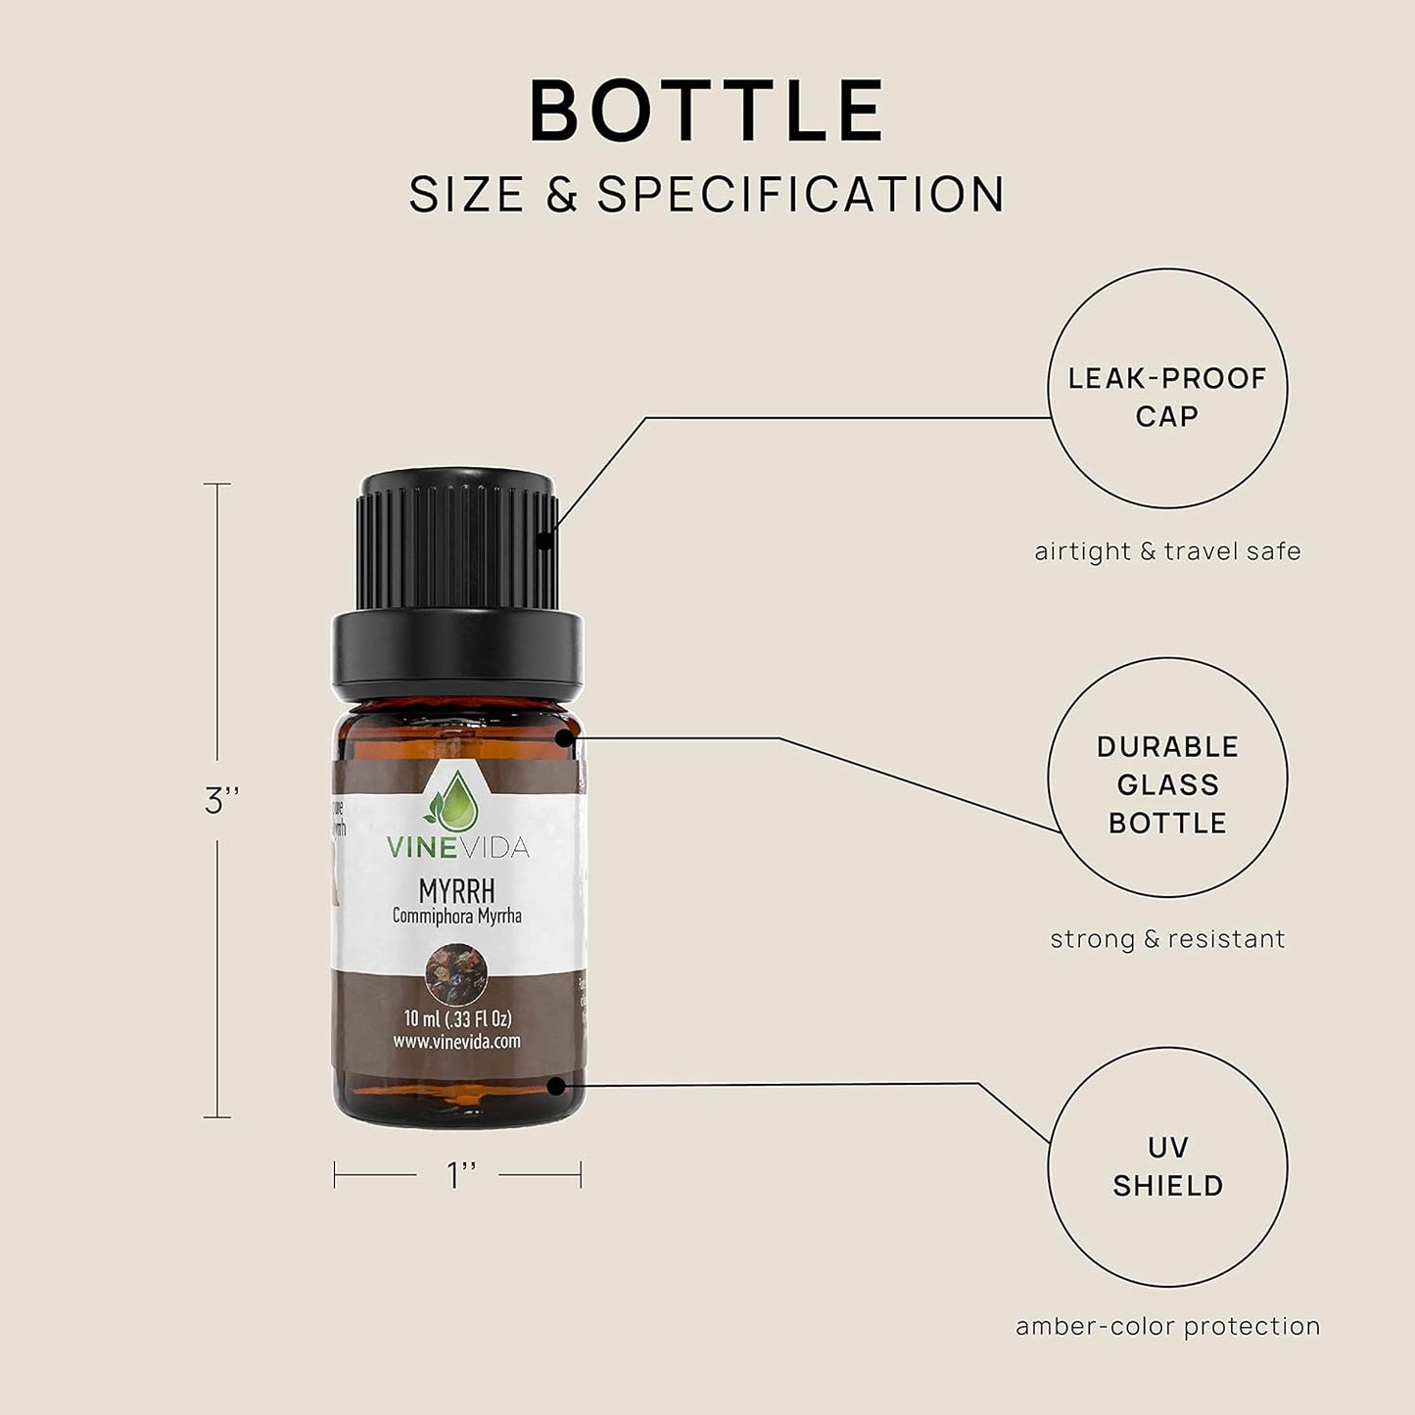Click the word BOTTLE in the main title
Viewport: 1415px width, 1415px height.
coord(707,112)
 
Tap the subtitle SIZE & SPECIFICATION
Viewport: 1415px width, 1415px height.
coord(707,194)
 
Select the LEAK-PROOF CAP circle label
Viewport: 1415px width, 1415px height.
coord(1167,397)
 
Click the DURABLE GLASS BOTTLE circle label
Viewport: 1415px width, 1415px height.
coord(1167,784)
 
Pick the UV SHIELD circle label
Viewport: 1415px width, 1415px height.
coord(1167,1166)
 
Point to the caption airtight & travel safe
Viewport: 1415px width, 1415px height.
coord(1167,551)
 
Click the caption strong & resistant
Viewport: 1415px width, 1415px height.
coord(1167,939)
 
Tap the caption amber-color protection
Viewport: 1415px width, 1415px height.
coord(1167,1327)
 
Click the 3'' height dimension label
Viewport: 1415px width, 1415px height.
coord(222,801)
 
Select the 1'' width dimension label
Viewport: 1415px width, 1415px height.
coord(460,1174)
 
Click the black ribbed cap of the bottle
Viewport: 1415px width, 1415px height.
coord(457,548)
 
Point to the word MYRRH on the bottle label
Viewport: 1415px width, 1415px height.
coord(456,891)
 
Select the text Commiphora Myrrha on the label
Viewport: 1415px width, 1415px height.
coord(456,917)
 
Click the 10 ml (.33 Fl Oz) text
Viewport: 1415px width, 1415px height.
coord(457,1018)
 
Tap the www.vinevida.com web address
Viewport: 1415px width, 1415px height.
coord(457,1042)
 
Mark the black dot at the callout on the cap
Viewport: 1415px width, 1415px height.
coord(544,539)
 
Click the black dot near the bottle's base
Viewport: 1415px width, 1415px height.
coord(556,1085)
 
